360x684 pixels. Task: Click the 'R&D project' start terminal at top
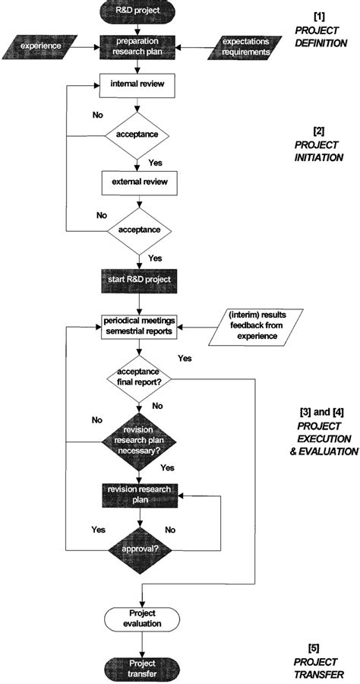point(137,12)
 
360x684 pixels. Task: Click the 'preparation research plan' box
point(137,46)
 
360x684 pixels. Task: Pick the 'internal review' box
point(137,84)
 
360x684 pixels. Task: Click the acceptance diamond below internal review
point(137,134)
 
